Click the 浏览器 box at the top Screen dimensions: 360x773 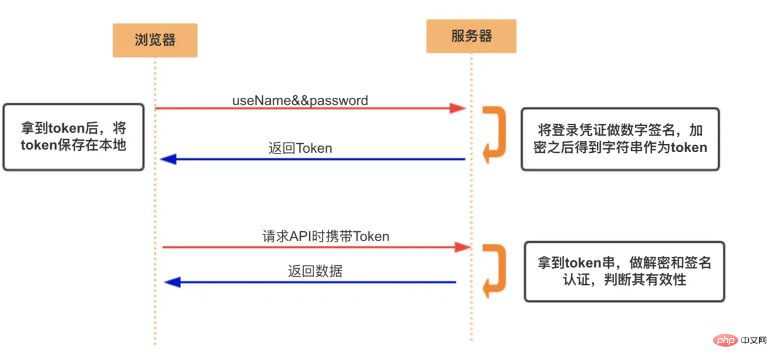(x=155, y=40)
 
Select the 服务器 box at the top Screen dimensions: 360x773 (x=471, y=36)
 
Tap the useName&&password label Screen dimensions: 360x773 (x=300, y=100)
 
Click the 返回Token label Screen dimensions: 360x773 (x=300, y=148)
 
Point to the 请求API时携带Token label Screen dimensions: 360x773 (x=326, y=236)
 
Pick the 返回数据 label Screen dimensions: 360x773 (x=315, y=271)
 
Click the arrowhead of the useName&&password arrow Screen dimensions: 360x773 (x=458, y=108)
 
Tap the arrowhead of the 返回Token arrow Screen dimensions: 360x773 (x=168, y=159)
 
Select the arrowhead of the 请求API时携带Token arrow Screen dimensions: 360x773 (x=463, y=246)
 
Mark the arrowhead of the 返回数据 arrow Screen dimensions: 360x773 (x=173, y=282)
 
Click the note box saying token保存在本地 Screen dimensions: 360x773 (x=74, y=137)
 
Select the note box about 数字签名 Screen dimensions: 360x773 (x=620, y=139)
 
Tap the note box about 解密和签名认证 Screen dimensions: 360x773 (x=624, y=271)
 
